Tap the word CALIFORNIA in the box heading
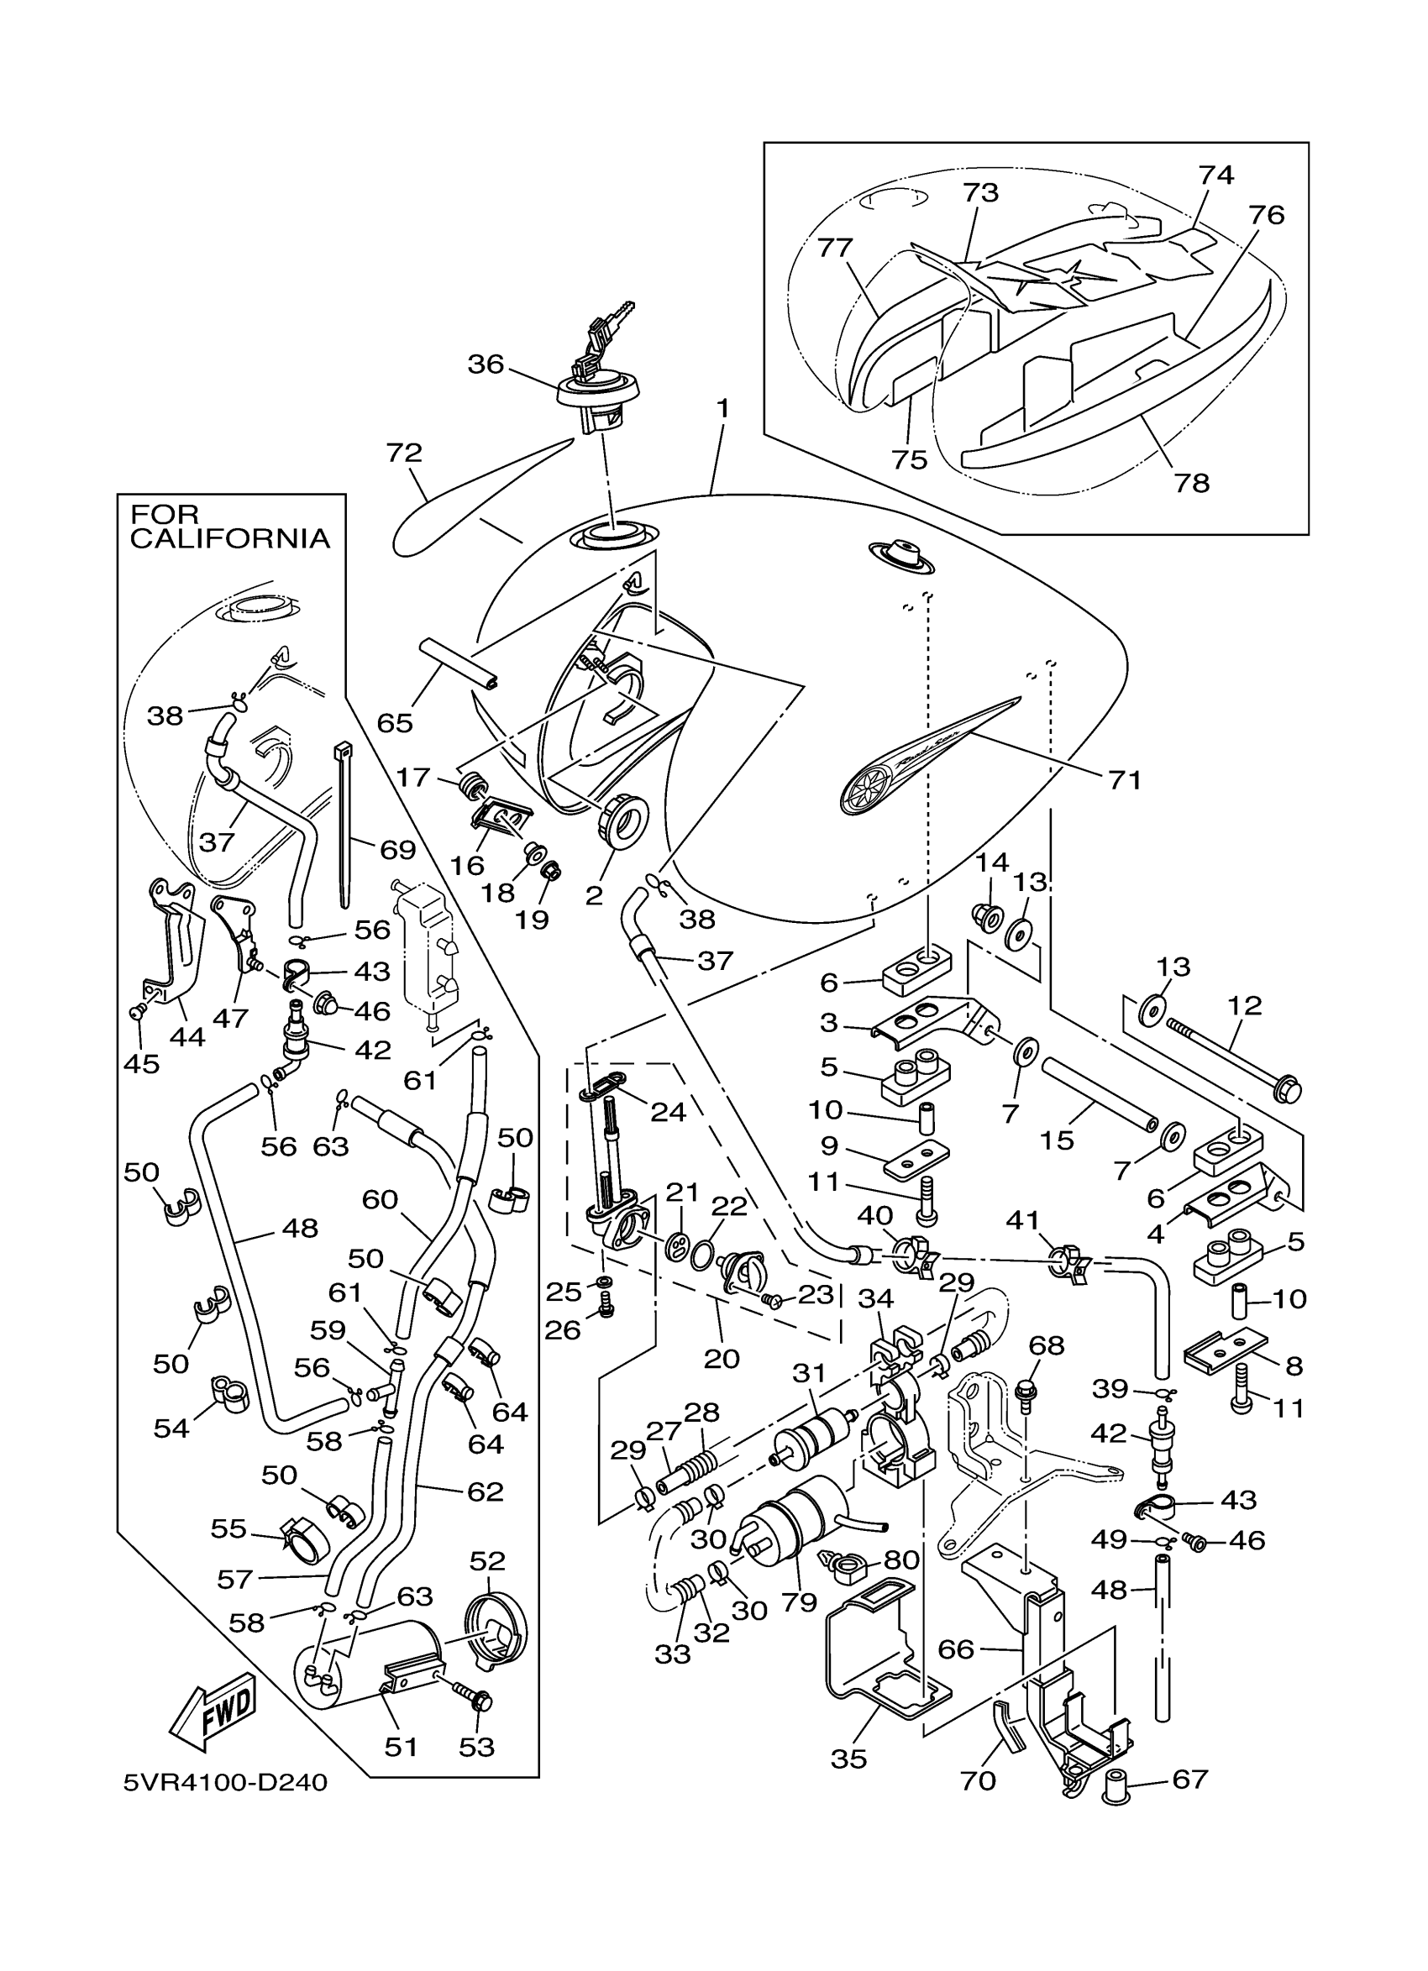click(229, 538)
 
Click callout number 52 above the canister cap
click(486, 1560)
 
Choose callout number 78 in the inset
click(1192, 482)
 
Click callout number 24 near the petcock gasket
click(668, 1112)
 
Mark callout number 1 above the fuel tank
click(722, 407)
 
